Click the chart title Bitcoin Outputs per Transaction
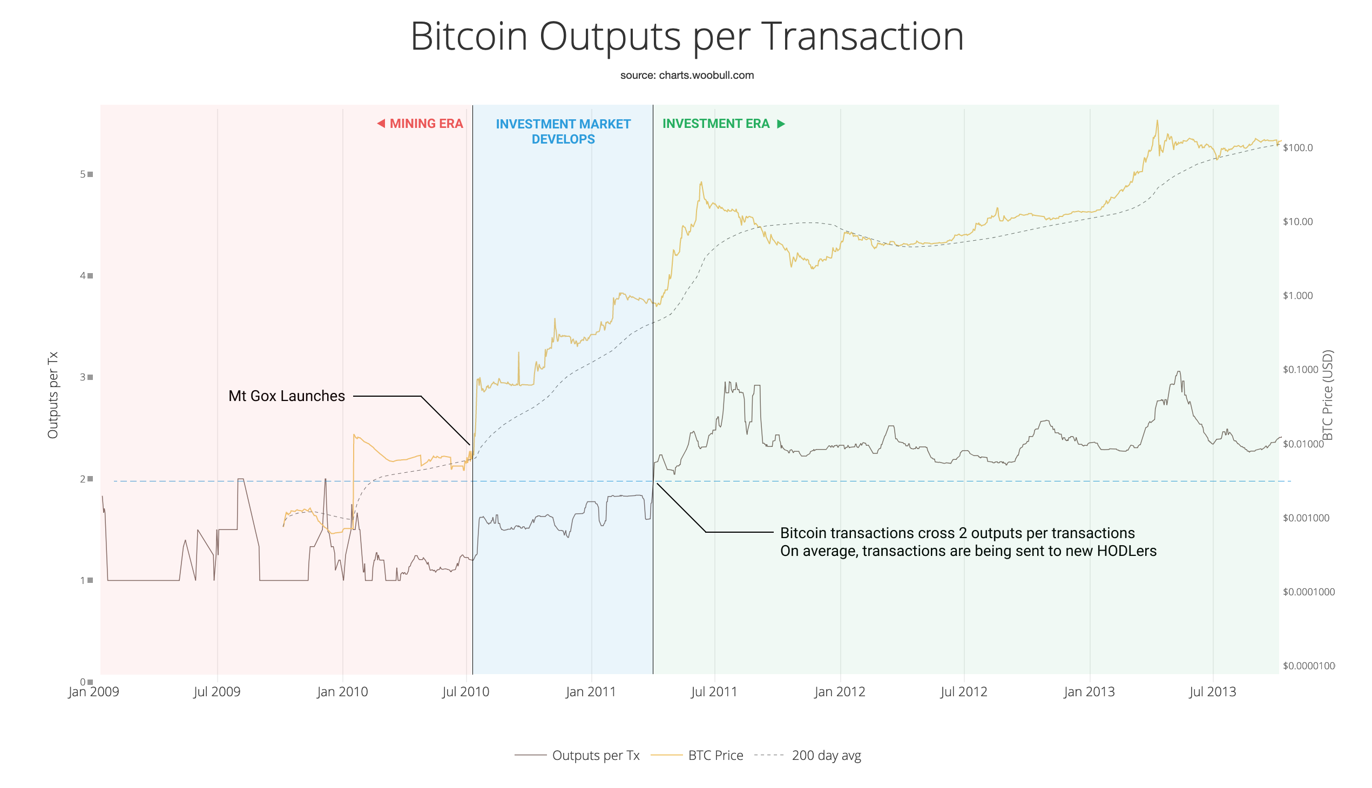click(x=687, y=37)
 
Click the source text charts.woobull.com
click(x=687, y=75)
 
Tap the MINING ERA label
click(x=425, y=124)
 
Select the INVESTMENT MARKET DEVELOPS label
click(x=563, y=132)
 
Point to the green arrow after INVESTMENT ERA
click(x=781, y=124)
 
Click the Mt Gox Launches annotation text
click(x=286, y=396)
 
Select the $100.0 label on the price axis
click(x=1297, y=148)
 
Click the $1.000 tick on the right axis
click(x=1297, y=296)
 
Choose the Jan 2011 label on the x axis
click(x=591, y=692)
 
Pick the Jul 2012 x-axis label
click(x=963, y=692)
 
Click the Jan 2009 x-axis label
click(x=93, y=692)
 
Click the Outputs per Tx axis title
click(x=52, y=395)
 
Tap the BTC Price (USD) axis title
click(x=1327, y=395)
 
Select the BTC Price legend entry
click(x=715, y=755)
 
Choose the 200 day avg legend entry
click(x=826, y=755)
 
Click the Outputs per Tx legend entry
click(x=595, y=755)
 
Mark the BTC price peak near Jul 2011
click(x=701, y=182)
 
